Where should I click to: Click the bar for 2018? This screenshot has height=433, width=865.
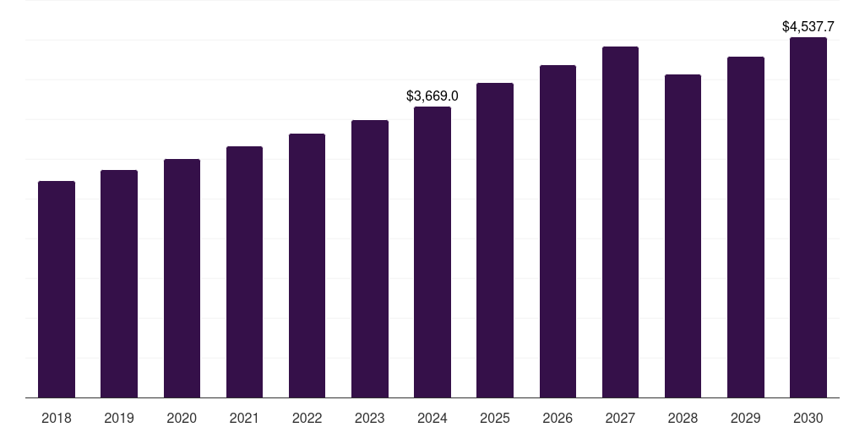point(57,289)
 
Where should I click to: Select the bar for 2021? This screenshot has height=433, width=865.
point(244,272)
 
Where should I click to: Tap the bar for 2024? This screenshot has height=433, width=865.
point(432,252)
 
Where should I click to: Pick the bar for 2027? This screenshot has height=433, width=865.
point(620,222)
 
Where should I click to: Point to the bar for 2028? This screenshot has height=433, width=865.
point(683,237)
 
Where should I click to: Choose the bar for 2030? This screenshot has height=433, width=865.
point(808,217)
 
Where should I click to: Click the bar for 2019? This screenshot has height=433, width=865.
point(119,284)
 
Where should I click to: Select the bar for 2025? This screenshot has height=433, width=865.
point(495,240)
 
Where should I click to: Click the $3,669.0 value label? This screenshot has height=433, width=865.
point(432,96)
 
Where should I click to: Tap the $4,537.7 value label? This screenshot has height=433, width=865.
point(808,26)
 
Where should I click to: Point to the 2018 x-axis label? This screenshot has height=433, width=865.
point(57,418)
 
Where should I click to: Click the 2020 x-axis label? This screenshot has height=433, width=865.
point(182,418)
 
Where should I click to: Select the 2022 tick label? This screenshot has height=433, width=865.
point(307,418)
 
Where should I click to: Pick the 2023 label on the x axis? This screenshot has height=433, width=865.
point(370,418)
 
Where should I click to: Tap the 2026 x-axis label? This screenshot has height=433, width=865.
point(558,418)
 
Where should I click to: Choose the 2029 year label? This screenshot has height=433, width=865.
point(746,418)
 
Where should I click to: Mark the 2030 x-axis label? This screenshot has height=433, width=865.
point(808,418)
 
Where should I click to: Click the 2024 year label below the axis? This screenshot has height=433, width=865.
point(432,418)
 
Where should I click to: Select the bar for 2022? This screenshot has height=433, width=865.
point(307,266)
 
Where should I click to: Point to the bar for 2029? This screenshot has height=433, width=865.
point(746,227)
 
